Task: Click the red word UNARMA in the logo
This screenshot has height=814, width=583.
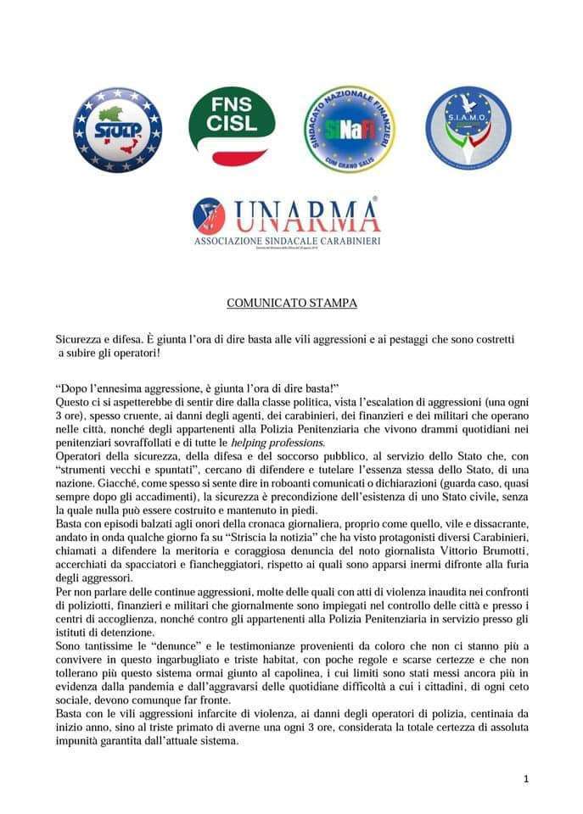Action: pyautogui.click(x=306, y=217)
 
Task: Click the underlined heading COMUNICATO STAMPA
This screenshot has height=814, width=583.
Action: pyautogui.click(x=291, y=303)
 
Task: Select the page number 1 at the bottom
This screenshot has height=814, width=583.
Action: pyautogui.click(x=526, y=778)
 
